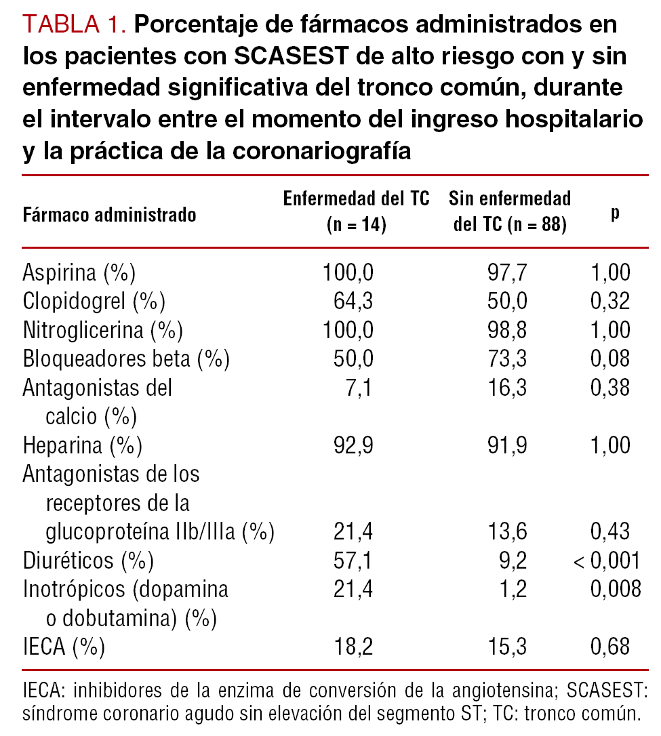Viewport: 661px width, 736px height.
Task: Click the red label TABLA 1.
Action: tap(75, 25)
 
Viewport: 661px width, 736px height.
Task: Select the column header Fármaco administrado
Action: tap(110, 215)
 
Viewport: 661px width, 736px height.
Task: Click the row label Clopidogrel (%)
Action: tap(94, 301)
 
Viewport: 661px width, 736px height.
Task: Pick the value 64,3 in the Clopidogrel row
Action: tap(354, 301)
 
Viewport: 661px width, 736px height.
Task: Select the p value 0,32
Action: tap(610, 301)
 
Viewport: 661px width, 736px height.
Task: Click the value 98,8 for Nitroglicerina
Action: tap(506, 330)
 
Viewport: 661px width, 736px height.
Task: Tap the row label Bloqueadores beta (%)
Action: tap(126, 359)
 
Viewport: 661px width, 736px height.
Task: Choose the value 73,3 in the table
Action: tap(506, 359)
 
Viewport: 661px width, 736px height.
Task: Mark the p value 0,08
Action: tap(610, 359)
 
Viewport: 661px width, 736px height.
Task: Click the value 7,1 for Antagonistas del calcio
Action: tap(360, 388)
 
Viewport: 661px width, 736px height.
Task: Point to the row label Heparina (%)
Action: tap(82, 445)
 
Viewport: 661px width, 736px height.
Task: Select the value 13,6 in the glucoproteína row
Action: tap(506, 532)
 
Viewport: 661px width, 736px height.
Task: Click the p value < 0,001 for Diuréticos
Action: tap(607, 560)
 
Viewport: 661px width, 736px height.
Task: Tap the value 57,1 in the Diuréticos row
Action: tap(354, 560)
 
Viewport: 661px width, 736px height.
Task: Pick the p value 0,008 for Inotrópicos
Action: tap(615, 590)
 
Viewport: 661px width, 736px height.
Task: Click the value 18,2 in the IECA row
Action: tap(354, 647)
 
